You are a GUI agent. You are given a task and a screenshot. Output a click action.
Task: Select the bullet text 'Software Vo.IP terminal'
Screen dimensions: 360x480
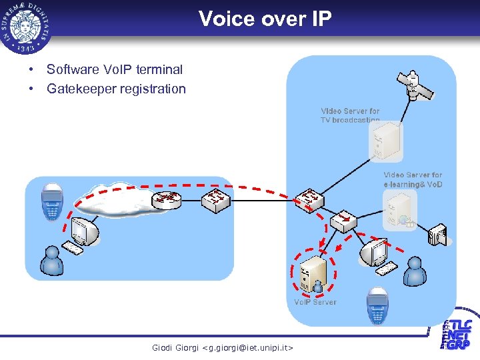pos(114,69)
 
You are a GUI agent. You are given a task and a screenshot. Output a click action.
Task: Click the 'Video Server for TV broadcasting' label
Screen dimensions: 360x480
pos(350,115)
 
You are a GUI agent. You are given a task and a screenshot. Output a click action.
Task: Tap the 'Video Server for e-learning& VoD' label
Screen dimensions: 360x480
pos(413,179)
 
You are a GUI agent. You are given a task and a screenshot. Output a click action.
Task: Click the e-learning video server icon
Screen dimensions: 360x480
pos(399,209)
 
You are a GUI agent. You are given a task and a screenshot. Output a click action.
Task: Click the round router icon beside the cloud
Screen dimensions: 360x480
pos(166,199)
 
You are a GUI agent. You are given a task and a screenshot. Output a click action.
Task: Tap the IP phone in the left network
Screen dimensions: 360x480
pos(51,200)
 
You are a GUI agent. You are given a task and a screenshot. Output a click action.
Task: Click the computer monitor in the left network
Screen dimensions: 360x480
pos(85,231)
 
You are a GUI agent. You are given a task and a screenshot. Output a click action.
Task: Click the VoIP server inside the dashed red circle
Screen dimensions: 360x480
pos(313,273)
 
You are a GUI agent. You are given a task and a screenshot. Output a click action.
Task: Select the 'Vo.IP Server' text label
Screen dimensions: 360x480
pos(315,303)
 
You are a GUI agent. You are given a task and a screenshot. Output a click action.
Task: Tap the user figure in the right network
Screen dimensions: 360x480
pos(415,271)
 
